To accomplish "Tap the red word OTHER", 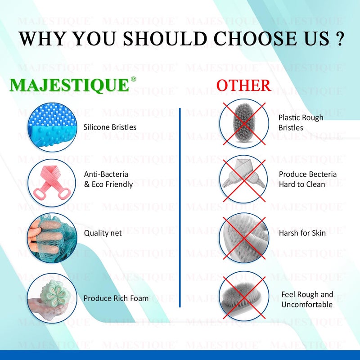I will (243, 85).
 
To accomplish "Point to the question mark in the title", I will (340, 39).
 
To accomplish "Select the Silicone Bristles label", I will (110, 127).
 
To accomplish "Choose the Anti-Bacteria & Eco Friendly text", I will (108, 179).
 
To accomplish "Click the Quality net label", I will (103, 233).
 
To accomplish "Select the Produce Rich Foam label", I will (116, 298).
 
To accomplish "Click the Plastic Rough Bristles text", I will (301, 122).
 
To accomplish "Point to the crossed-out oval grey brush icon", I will (243, 124).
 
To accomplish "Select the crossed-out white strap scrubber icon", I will (243, 179).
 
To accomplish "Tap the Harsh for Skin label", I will (302, 233).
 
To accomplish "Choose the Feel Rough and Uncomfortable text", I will (307, 299).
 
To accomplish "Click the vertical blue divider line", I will (180, 207).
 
